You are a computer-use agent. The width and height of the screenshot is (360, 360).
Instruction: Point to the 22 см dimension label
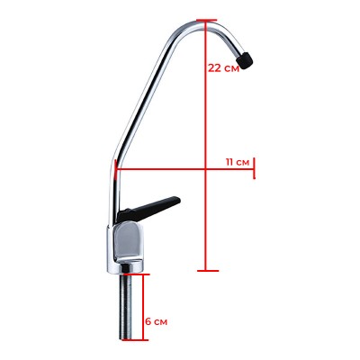223,67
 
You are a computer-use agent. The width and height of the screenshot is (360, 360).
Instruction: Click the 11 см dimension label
238,161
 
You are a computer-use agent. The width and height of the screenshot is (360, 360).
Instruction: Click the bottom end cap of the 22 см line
206,268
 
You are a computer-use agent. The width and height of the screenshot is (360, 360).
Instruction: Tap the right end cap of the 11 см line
256,167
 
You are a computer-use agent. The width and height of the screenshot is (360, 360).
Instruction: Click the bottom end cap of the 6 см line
139,340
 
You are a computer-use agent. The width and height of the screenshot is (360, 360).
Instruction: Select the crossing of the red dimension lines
206,167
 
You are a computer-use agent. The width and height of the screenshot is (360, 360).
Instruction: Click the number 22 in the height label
214,67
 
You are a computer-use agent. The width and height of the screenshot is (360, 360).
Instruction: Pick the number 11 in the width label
230,161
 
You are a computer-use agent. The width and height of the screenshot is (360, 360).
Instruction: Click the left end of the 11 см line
116,167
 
